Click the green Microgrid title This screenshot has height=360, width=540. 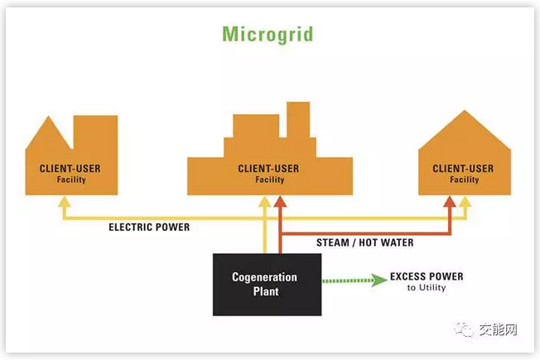268,33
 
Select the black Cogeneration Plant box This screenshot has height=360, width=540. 267,284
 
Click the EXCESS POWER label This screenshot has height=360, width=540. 427,276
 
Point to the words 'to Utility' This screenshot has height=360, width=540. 427,288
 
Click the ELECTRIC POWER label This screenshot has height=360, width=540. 149,227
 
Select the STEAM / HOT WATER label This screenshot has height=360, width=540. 364,243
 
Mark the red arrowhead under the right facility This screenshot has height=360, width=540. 450,201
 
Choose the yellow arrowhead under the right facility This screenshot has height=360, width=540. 465,201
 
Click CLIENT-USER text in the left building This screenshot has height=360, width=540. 70,168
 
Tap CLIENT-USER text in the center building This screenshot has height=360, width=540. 268,168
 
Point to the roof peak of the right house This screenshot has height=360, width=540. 465,113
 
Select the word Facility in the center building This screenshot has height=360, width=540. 268,180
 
